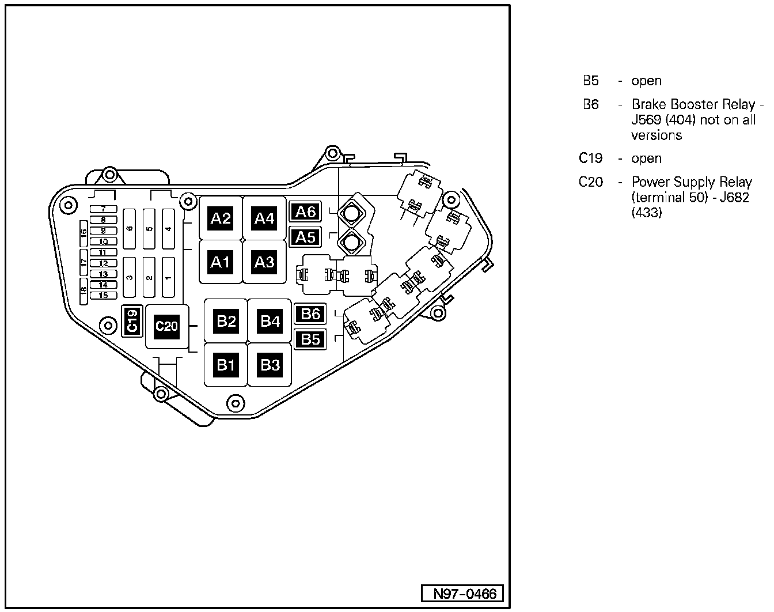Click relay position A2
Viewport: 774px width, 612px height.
pos(221,218)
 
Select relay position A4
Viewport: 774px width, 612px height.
pos(264,218)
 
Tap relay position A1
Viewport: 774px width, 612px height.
pos(221,262)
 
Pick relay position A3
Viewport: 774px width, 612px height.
pos(264,262)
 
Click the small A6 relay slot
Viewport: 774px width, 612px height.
pos(305,212)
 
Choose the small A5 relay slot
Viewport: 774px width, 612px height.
pos(305,237)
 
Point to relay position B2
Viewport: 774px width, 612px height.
pos(226,321)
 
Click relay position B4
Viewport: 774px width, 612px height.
pos(270,321)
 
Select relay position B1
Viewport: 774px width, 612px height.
pos(226,365)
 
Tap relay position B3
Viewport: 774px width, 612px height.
pos(270,365)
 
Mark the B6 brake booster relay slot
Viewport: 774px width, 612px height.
pos(310,314)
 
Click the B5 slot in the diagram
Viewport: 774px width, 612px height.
pos(310,339)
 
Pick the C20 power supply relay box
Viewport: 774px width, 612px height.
pos(166,326)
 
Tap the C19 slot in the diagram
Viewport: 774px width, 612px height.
pos(132,320)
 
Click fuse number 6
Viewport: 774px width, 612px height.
pos(130,229)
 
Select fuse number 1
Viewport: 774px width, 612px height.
pos(168,277)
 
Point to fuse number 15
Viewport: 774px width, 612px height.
pos(103,296)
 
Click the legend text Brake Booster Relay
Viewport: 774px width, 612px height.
pos(693,105)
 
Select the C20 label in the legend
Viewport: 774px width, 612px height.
pos(591,182)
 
